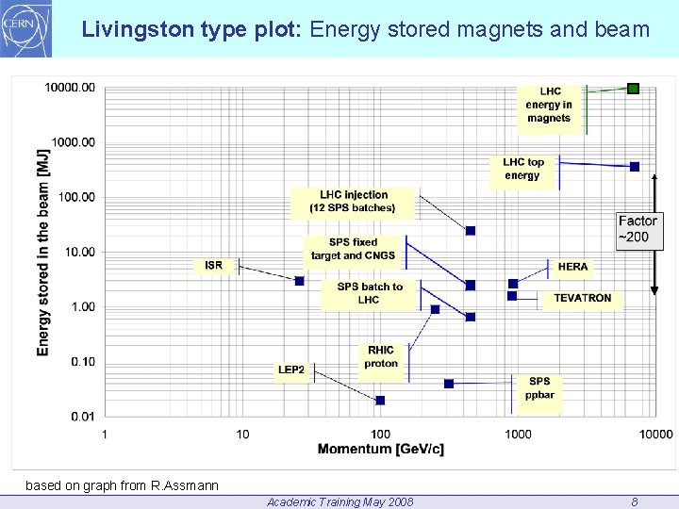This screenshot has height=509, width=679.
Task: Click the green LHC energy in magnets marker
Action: click(x=634, y=89)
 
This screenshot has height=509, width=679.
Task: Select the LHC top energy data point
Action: click(x=635, y=167)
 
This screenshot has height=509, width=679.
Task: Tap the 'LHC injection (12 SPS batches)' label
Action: click(x=353, y=202)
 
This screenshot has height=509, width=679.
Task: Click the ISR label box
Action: click(x=214, y=266)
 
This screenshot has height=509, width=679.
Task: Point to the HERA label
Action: click(x=572, y=267)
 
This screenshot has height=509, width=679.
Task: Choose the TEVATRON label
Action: click(x=582, y=298)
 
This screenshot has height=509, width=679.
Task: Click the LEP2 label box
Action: click(x=291, y=369)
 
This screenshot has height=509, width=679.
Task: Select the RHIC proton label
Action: click(x=381, y=357)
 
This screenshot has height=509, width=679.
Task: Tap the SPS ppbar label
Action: click(x=539, y=388)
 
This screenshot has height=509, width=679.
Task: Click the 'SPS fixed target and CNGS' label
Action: click(x=354, y=249)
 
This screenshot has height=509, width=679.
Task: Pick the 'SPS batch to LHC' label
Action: click(x=370, y=293)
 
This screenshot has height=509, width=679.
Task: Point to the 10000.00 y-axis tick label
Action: click(x=70, y=88)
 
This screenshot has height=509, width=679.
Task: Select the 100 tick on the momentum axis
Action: click(x=380, y=434)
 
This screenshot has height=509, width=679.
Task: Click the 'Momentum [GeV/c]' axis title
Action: click(x=380, y=449)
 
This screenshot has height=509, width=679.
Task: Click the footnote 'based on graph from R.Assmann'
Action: click(x=122, y=486)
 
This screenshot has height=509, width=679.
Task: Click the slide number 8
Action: click(x=635, y=501)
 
